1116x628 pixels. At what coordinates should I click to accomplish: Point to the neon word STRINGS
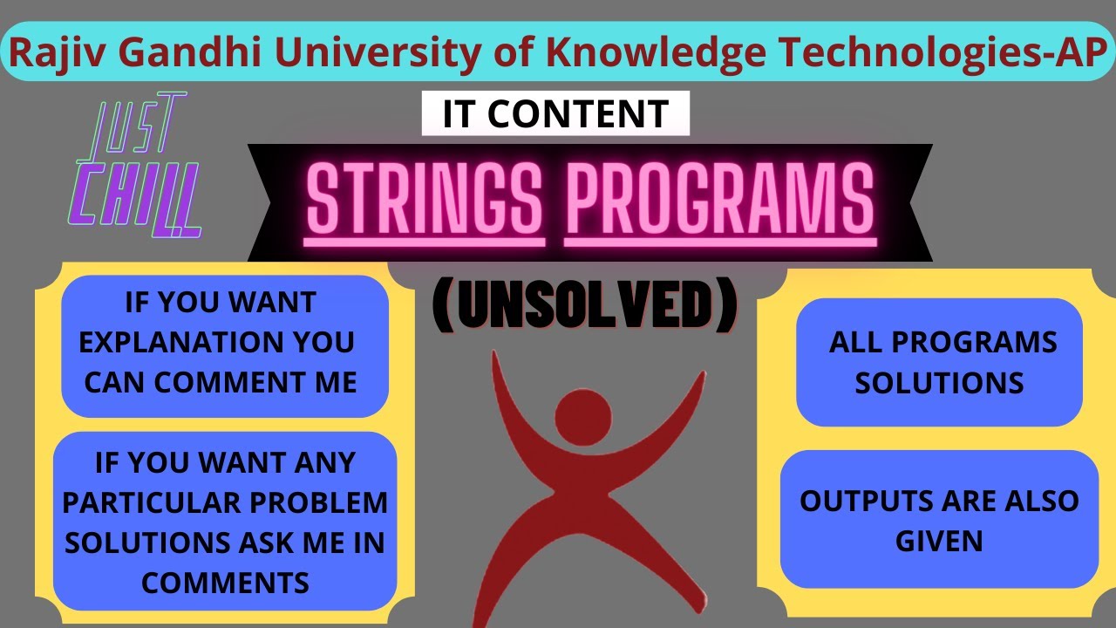(425, 200)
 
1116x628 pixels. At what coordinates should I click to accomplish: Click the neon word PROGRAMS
(720, 200)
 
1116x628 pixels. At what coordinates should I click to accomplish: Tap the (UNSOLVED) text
(584, 305)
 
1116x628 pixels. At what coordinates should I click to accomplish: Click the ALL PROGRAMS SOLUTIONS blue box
(939, 362)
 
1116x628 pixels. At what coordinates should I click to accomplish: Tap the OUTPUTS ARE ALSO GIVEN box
(939, 520)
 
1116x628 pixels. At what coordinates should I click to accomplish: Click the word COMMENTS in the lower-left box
(225, 582)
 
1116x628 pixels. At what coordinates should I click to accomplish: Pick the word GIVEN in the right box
(939, 541)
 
